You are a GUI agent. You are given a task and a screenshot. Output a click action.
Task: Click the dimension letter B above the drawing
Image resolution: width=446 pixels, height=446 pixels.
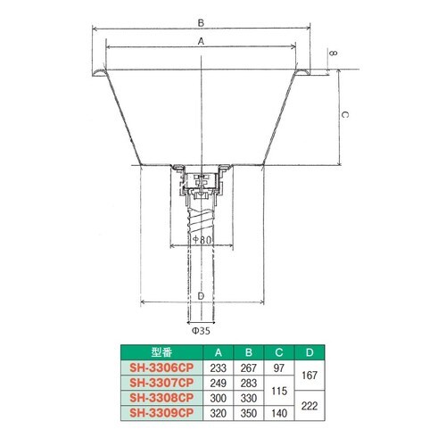pyautogui.click(x=201, y=23)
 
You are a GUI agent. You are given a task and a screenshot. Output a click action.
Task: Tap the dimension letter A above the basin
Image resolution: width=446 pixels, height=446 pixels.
pyautogui.click(x=201, y=41)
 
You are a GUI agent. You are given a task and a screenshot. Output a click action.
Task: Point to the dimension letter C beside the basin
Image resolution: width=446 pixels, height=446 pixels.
pyautogui.click(x=344, y=114)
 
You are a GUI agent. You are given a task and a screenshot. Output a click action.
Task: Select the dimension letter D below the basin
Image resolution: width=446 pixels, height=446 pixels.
pyautogui.click(x=201, y=296)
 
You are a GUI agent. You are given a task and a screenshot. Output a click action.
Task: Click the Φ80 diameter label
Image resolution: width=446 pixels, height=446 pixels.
pyautogui.click(x=202, y=240)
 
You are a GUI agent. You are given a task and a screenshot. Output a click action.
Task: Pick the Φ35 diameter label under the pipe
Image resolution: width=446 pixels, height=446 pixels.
pyautogui.click(x=201, y=331)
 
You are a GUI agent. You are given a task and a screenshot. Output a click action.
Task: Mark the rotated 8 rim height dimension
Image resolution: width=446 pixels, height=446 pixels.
pyautogui.click(x=334, y=54)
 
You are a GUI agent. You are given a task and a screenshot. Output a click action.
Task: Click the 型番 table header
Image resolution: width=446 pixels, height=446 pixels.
pyautogui.click(x=161, y=352)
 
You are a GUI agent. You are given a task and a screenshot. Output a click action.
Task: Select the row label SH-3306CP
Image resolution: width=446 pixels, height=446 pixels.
pyautogui.click(x=161, y=368)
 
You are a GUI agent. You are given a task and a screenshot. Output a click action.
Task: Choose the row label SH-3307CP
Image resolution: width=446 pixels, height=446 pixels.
pyautogui.click(x=161, y=383)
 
